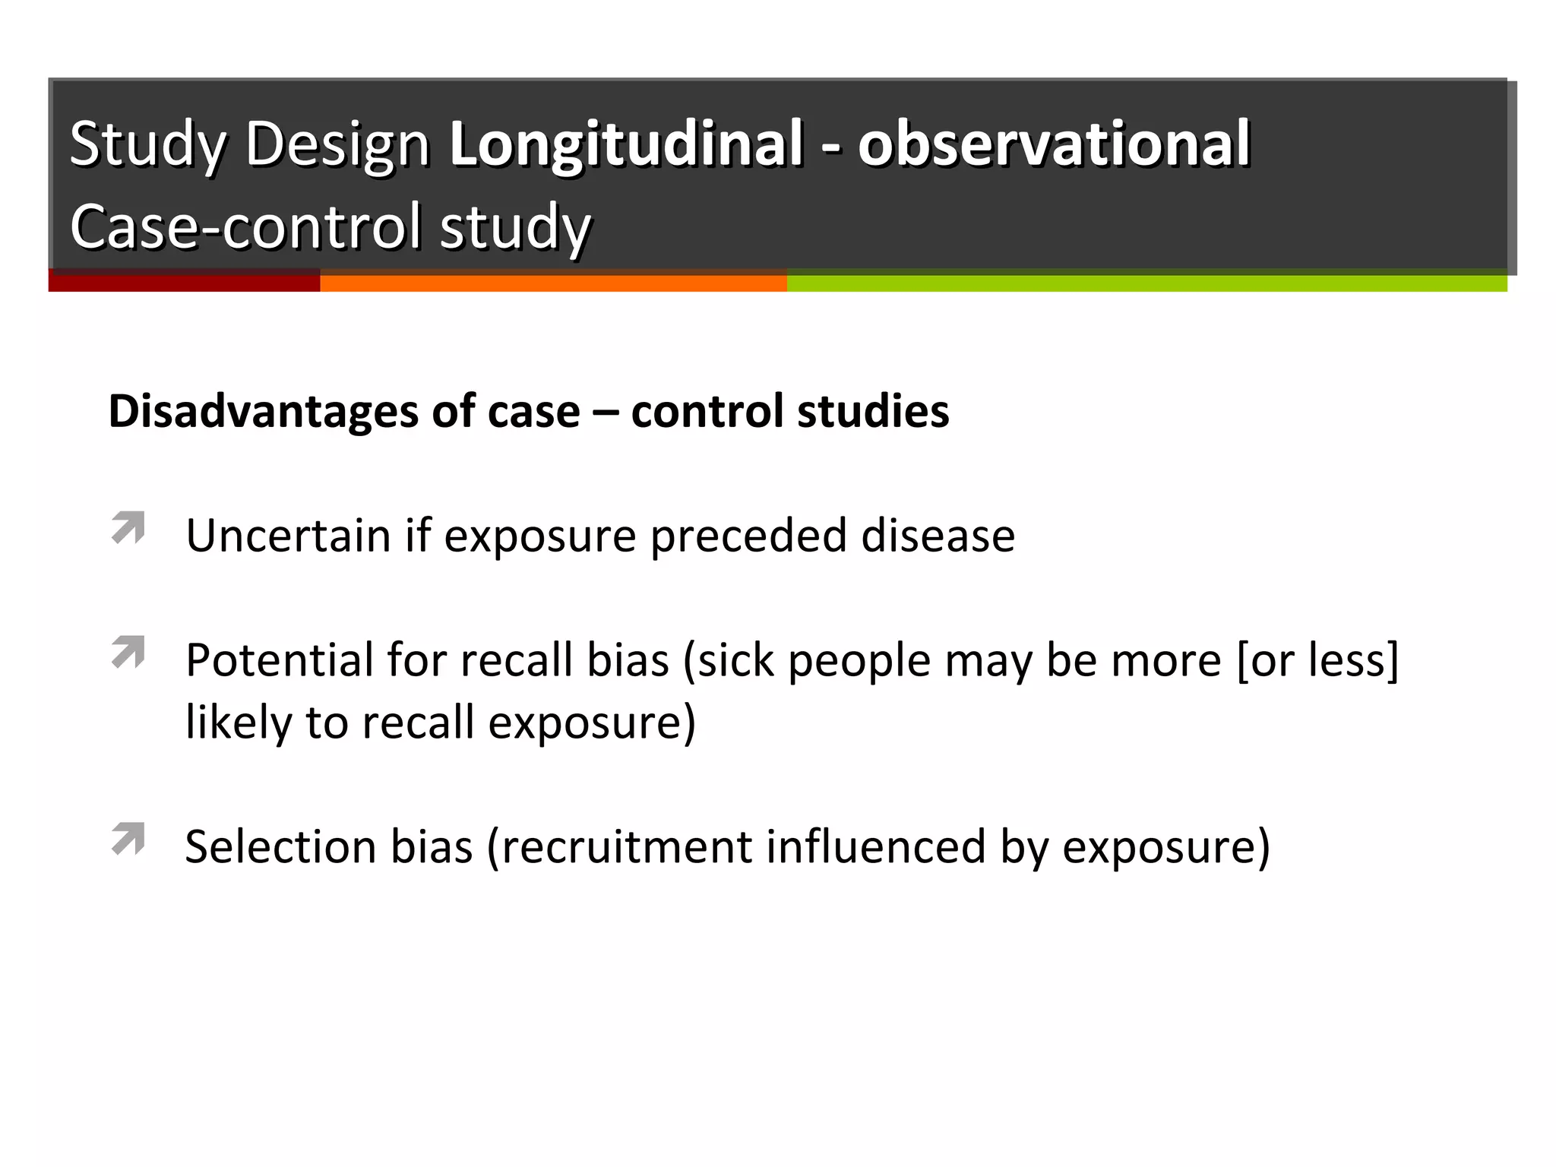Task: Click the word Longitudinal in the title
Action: tap(625, 144)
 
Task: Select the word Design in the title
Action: tap(338, 144)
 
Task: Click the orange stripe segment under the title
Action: tap(553, 283)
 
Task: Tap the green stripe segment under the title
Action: tap(1146, 283)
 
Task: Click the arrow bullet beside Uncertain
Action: tap(128, 527)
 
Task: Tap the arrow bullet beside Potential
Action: tap(128, 652)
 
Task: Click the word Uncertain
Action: tap(288, 536)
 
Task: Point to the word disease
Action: tap(938, 536)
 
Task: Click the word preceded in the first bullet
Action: tap(748, 536)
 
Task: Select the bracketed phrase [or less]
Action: tap(1317, 659)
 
